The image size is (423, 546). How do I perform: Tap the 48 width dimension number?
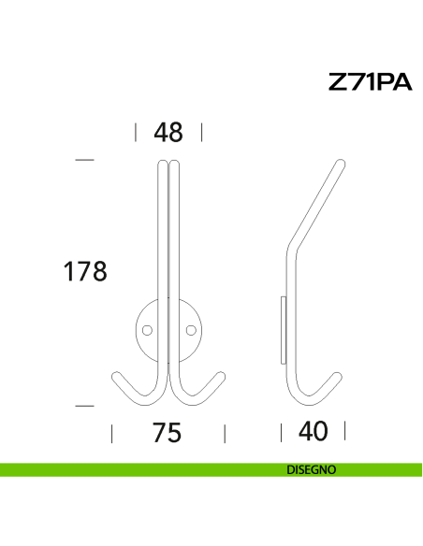(x=168, y=133)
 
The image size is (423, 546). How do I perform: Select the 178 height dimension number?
(x=85, y=271)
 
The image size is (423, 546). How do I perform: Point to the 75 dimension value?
(x=167, y=433)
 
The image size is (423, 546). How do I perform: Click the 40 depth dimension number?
(x=314, y=432)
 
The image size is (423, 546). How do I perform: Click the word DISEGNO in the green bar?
(x=312, y=470)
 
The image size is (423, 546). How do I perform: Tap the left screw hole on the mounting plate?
(x=146, y=329)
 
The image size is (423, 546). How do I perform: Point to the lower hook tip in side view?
(x=342, y=376)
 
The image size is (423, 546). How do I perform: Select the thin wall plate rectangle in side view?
(x=283, y=328)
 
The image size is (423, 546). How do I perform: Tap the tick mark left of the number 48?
(x=136, y=132)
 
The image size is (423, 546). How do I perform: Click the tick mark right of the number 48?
(x=202, y=132)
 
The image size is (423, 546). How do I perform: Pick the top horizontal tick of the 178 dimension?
(x=85, y=161)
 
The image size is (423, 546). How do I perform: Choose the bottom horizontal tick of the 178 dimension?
(x=85, y=406)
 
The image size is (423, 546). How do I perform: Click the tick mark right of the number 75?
(x=225, y=433)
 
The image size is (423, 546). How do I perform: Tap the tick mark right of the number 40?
(x=345, y=431)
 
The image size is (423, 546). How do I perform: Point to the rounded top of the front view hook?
(x=168, y=165)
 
